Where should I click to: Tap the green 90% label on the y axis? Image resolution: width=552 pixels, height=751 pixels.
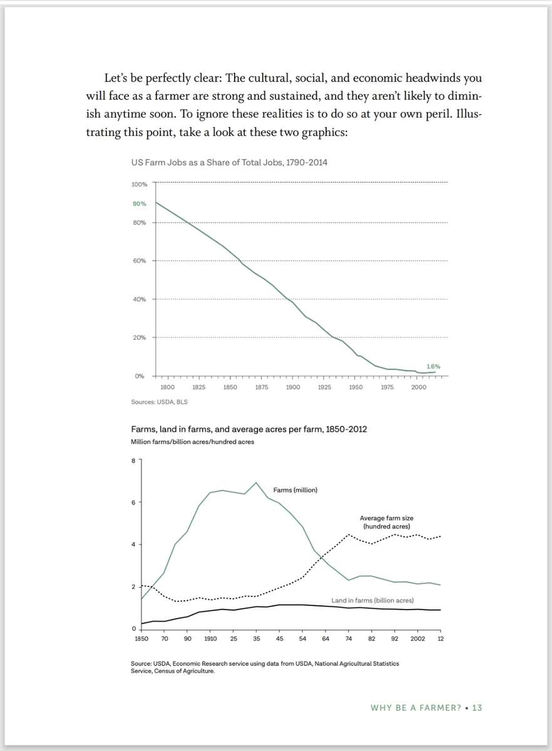pos(139,204)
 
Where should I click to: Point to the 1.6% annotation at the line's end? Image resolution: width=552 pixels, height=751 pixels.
pos(433,366)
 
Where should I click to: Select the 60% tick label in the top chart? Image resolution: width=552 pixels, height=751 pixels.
pos(139,261)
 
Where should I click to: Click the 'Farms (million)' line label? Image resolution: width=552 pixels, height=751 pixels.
pos(295,489)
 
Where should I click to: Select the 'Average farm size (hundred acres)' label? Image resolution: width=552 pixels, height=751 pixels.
pos(386,522)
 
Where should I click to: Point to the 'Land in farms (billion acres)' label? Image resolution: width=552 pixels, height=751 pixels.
pos(372,600)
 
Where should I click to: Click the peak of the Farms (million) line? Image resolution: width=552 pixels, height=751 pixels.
pos(256,483)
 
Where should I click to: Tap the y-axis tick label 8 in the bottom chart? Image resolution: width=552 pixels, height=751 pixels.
pos(133,461)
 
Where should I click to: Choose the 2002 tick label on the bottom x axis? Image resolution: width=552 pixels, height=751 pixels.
pos(417,638)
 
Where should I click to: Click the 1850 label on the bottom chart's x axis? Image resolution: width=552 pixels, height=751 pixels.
pos(141,638)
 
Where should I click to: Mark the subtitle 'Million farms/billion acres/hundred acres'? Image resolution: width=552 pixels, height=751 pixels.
pos(192,441)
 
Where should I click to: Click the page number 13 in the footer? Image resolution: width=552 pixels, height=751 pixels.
pos(477,708)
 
